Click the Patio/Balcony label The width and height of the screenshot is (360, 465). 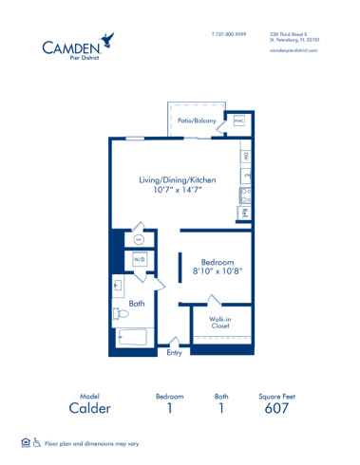coord(197,121)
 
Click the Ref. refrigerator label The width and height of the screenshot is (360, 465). coord(244,214)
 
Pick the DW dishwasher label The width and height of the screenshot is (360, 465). coord(245,155)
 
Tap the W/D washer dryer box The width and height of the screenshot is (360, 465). coord(139,258)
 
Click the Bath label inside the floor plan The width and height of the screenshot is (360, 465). coord(137,304)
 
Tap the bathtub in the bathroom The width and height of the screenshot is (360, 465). coord(133,337)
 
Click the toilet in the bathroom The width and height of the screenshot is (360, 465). coord(121,313)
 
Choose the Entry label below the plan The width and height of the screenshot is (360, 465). coord(174,353)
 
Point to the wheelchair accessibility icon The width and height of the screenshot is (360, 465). coord(38,442)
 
